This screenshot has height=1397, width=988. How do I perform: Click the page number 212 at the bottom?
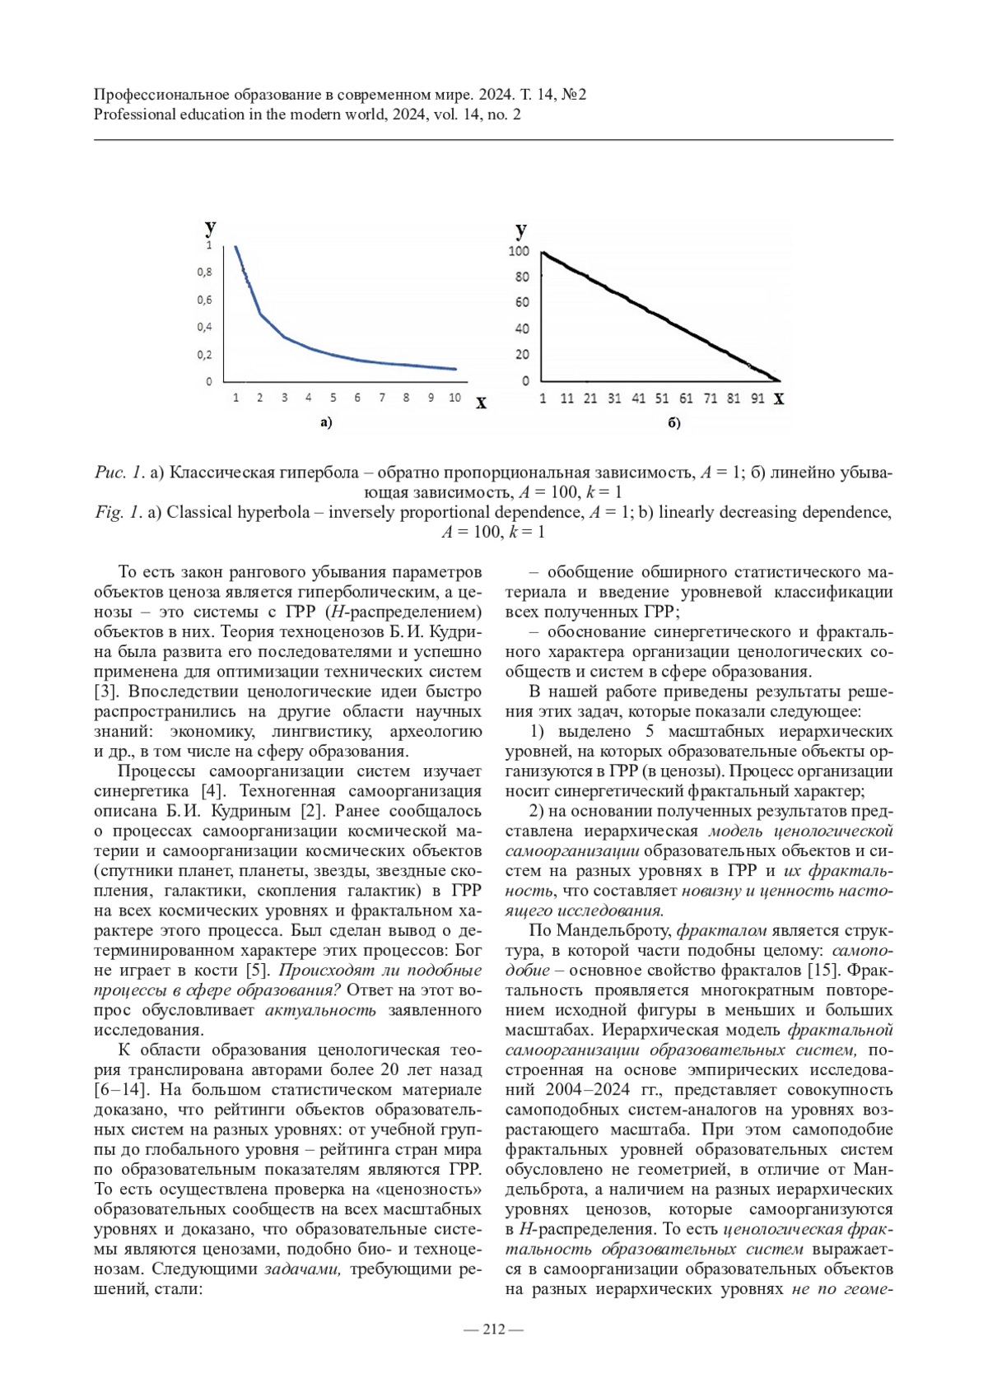coord(493,1329)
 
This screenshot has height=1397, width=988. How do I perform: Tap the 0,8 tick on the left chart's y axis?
coord(204,272)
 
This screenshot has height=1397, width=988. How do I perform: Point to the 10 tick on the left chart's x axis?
coord(454,398)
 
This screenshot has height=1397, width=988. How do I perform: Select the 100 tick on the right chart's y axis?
coord(519,251)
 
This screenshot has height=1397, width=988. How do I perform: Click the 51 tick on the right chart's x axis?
coord(662,398)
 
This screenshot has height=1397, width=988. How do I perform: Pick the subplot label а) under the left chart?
coord(325,423)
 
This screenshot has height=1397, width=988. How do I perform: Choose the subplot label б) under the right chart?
coord(673,423)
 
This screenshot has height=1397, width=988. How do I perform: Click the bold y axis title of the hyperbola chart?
coord(211,227)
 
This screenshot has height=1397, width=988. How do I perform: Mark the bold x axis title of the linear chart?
coord(779,399)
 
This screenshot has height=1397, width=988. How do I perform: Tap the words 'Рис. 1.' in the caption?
coord(119,473)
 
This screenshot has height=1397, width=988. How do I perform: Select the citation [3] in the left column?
coord(106,691)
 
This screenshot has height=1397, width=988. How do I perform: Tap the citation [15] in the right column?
coord(825,970)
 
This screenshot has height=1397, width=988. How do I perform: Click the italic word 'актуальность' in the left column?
coord(320,1010)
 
